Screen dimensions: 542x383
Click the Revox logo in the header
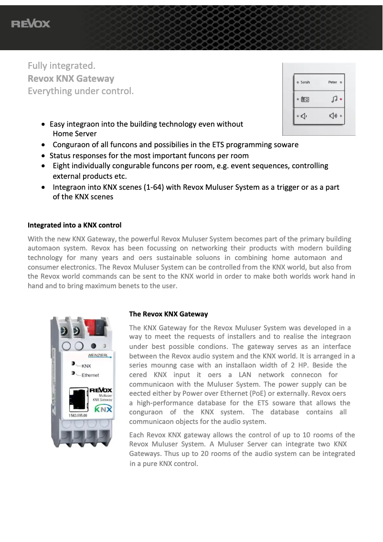31,24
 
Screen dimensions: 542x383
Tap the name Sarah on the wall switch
305,82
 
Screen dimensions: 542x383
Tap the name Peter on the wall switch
333,82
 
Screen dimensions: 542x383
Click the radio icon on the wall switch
305,99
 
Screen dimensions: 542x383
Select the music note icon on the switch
334,99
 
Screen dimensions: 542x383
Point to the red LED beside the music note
341,99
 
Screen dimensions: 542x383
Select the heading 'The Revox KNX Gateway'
169,314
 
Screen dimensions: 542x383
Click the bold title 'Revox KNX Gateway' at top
71,78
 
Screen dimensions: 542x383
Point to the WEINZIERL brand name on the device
99,356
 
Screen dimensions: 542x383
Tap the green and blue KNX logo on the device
103,409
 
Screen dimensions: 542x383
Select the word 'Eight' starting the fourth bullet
62,166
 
